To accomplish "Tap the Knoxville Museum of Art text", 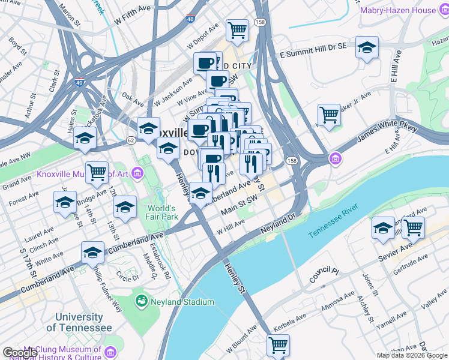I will pyautogui.click(x=90, y=174).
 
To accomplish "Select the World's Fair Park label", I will pyautogui.click(x=162, y=213).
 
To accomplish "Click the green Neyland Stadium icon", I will pyautogui.click(x=142, y=300).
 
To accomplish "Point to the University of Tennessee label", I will pyautogui.click(x=79, y=322).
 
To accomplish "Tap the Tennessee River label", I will pyautogui.click(x=333, y=221).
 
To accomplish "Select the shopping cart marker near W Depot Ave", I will pyautogui.click(x=237, y=29).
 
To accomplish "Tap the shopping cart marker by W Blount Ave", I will pyautogui.click(x=278, y=345).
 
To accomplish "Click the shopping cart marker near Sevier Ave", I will pyautogui.click(x=413, y=227).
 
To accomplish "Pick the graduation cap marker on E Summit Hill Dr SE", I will pyautogui.click(x=367, y=47).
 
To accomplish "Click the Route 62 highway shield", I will pyautogui.click(x=130, y=140).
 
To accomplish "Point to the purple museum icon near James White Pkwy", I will pyautogui.click(x=334, y=159).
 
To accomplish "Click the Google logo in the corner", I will pyautogui.click(x=20, y=353).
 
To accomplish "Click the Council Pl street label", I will pyautogui.click(x=324, y=275).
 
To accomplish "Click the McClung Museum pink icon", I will pyautogui.click(x=110, y=352).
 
